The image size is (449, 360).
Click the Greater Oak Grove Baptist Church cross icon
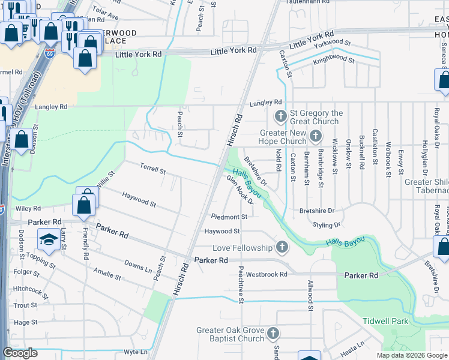[x=273, y=333]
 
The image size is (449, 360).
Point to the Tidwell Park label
[x=385, y=321]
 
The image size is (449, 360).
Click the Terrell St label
[x=152, y=170]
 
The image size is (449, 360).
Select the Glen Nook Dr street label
[x=240, y=190]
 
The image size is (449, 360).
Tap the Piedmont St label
[x=229, y=217]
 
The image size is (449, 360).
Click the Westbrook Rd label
[x=267, y=274]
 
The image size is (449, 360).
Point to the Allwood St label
[x=311, y=295]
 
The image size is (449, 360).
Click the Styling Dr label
[x=327, y=225]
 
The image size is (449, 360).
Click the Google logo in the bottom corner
[x=20, y=353]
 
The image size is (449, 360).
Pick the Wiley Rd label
[x=28, y=209]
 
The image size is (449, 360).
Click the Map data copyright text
[x=412, y=355]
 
